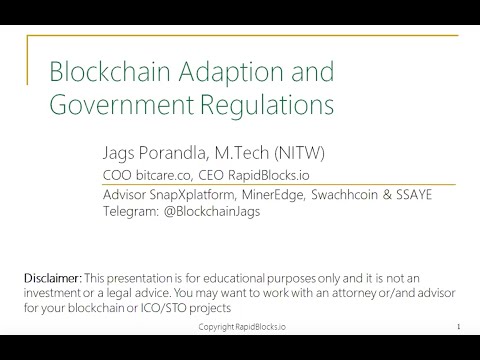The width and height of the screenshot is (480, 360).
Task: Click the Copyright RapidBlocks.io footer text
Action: tap(241, 327)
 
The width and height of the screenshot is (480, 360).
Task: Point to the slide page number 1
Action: tap(457, 327)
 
